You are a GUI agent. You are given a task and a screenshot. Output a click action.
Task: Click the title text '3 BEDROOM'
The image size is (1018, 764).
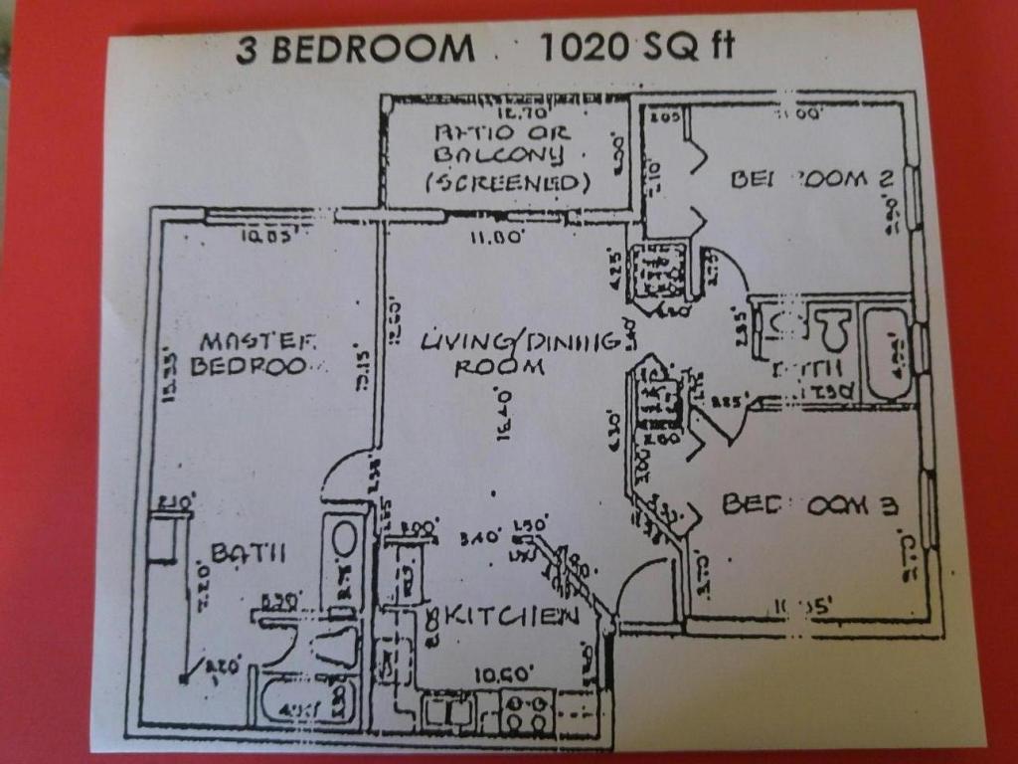point(355,48)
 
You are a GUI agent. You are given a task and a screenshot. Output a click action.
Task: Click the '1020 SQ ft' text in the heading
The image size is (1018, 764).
point(636,47)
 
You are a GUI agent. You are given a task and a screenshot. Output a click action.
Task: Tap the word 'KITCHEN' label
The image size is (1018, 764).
point(513,616)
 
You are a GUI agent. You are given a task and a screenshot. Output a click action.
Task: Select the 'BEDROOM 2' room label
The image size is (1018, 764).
point(811,179)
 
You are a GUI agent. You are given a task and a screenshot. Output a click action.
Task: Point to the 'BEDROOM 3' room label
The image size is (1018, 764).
point(809,504)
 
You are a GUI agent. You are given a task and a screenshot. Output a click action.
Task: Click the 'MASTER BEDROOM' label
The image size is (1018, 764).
point(256,353)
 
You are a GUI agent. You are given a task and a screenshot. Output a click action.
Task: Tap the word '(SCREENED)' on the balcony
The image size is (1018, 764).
point(508,183)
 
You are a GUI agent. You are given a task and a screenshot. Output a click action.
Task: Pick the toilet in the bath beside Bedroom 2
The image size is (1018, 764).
point(831,327)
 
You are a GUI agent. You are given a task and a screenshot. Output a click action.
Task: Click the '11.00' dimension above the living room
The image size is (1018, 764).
point(497,238)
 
